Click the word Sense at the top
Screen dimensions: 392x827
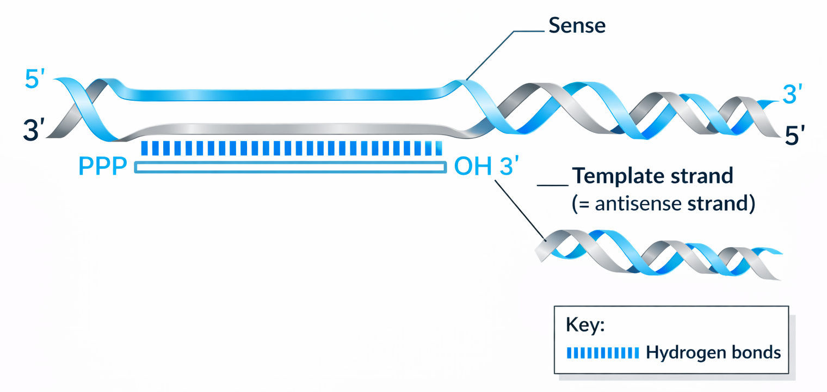coord(577,26)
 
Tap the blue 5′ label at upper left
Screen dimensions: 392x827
coord(39,79)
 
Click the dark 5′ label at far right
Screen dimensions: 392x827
coord(795,135)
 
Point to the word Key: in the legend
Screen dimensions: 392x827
coord(585,326)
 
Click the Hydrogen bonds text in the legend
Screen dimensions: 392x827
coord(713,352)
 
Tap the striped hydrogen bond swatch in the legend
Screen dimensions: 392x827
coord(603,353)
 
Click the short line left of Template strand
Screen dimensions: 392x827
coord(552,185)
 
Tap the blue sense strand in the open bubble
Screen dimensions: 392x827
coord(283,94)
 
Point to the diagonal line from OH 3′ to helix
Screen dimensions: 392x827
coord(520,210)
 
